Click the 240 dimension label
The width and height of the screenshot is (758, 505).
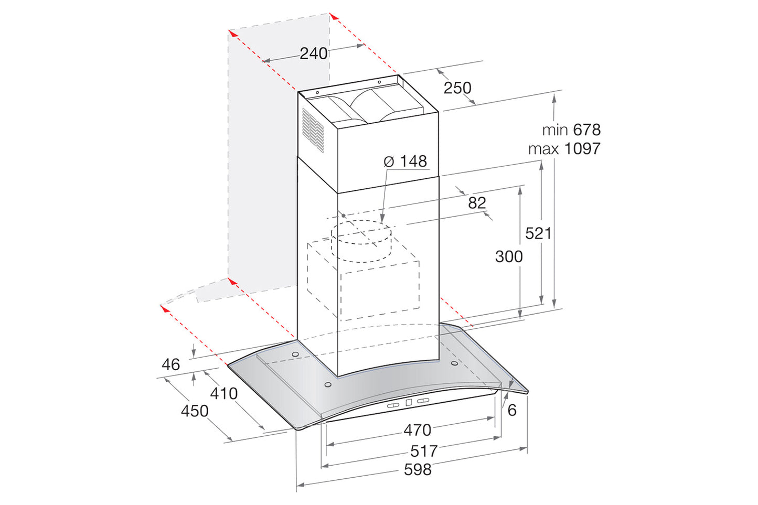pos(313,53)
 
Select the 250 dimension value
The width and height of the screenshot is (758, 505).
pos(457,88)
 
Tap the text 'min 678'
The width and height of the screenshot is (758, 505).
pos(571,130)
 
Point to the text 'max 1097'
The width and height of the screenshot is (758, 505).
pos(564,149)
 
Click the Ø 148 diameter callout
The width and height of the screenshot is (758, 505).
pos(405,162)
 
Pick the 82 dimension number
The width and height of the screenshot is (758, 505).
pos(477,203)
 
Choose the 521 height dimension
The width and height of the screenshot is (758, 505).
pos(538,233)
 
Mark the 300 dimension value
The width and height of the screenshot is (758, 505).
pos(509,256)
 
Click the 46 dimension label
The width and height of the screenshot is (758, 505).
pos(170,364)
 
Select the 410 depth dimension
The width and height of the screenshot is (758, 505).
pos(224,393)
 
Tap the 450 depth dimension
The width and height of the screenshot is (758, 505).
pos(195,411)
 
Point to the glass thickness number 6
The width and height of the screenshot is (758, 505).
pos(512,410)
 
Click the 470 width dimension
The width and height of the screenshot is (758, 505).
pos(417,431)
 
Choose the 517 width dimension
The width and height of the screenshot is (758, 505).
pos(423,451)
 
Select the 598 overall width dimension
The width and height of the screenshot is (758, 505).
pos(418,469)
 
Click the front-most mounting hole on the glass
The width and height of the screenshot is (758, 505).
pos(328,385)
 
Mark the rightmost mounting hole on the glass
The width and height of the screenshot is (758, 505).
pos(454,363)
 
